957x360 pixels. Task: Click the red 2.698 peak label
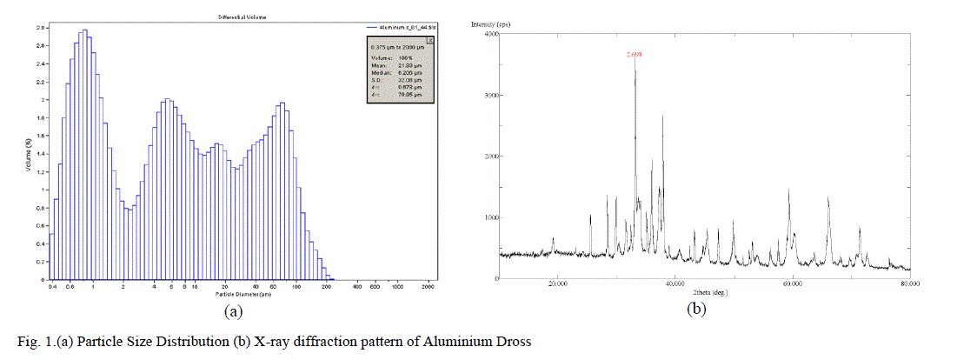(x=635, y=54)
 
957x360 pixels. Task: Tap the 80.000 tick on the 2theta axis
(x=910, y=283)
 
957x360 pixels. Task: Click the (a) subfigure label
(x=232, y=310)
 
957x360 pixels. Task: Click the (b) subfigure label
(x=695, y=309)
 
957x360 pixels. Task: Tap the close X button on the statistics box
(x=432, y=39)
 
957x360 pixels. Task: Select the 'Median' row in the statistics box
(x=396, y=74)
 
